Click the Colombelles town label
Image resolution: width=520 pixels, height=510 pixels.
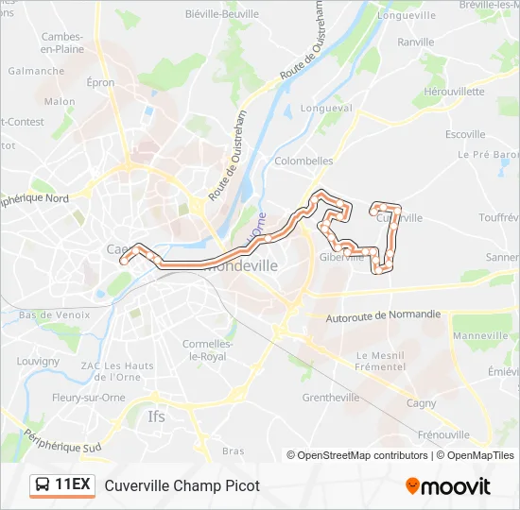(303, 161)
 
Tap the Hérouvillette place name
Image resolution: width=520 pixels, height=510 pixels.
(454, 92)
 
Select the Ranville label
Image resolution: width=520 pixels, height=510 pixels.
(416, 42)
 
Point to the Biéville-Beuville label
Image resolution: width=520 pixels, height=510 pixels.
(224, 14)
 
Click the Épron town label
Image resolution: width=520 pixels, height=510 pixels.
(101, 83)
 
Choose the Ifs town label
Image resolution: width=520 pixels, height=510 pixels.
(157, 416)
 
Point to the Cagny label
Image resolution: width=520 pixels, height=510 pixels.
(421, 403)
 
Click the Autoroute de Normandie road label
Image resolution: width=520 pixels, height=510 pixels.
(383, 315)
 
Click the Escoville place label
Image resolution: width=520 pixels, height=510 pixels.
(465, 135)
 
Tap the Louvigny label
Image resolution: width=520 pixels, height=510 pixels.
(38, 361)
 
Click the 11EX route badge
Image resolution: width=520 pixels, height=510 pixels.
(62, 485)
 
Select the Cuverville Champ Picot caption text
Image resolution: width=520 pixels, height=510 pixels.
(182, 486)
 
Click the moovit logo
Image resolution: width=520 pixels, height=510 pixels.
(448, 486)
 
